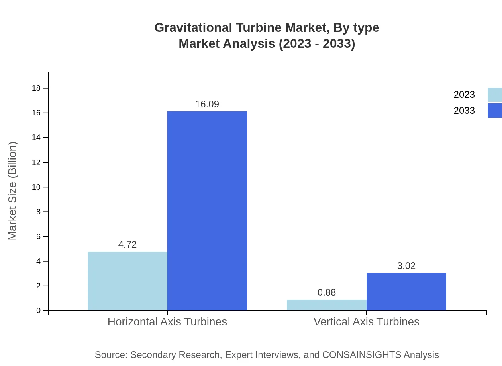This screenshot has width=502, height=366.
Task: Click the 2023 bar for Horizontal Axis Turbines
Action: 127,281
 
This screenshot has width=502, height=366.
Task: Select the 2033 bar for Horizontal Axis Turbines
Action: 207,211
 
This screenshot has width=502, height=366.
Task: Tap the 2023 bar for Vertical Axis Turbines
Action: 327,305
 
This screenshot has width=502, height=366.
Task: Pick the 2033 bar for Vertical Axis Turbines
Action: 406,292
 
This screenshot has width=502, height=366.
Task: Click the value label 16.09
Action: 207,104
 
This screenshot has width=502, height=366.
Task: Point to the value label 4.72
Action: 127,245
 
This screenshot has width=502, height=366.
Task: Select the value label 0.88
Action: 327,292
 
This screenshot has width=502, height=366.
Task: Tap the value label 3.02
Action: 406,266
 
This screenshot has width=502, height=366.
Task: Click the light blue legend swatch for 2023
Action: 495,95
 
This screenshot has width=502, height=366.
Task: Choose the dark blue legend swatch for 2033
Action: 495,111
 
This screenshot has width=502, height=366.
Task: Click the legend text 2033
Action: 464,111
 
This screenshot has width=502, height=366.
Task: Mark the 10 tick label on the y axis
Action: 37,187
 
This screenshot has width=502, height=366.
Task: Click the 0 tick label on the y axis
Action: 39,310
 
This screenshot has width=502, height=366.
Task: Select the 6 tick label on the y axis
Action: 39,236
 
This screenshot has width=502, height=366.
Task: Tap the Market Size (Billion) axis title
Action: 13,191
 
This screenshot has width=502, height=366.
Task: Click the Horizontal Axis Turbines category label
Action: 167,321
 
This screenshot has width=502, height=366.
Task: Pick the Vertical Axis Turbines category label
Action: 367,321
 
